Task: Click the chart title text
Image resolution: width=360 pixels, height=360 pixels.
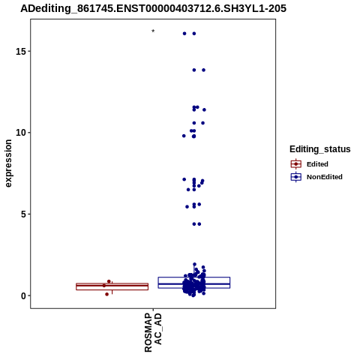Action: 153,9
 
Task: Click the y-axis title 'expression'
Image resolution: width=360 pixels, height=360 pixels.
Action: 8,163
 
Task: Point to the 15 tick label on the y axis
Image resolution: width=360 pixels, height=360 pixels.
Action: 21,51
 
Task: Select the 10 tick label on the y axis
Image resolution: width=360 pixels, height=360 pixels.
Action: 21,133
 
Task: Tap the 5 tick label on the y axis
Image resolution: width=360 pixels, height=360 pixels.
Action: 23,214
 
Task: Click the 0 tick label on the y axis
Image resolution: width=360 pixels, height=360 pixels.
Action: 23,295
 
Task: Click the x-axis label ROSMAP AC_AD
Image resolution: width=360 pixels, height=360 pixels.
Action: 153,332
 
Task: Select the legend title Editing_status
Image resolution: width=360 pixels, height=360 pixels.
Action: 320,149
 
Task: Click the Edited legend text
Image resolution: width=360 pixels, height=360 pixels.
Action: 317,164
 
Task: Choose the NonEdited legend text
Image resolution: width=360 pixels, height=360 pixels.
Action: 325,177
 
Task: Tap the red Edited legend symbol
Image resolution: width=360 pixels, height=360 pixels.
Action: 296,164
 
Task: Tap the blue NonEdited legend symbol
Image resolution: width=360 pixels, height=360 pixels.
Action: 296,177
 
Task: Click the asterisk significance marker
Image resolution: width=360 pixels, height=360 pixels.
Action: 153,31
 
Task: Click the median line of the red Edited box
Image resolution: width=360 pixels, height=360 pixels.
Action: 112,285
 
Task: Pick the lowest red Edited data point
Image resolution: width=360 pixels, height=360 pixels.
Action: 106,294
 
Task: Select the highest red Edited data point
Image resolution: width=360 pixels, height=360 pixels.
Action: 109,281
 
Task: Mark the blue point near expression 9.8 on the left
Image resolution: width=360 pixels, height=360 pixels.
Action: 184,136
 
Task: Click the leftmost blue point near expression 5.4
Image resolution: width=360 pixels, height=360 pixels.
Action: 187,207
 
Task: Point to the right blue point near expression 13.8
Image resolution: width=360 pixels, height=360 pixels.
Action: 203,70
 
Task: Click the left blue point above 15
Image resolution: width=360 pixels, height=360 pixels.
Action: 184,34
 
